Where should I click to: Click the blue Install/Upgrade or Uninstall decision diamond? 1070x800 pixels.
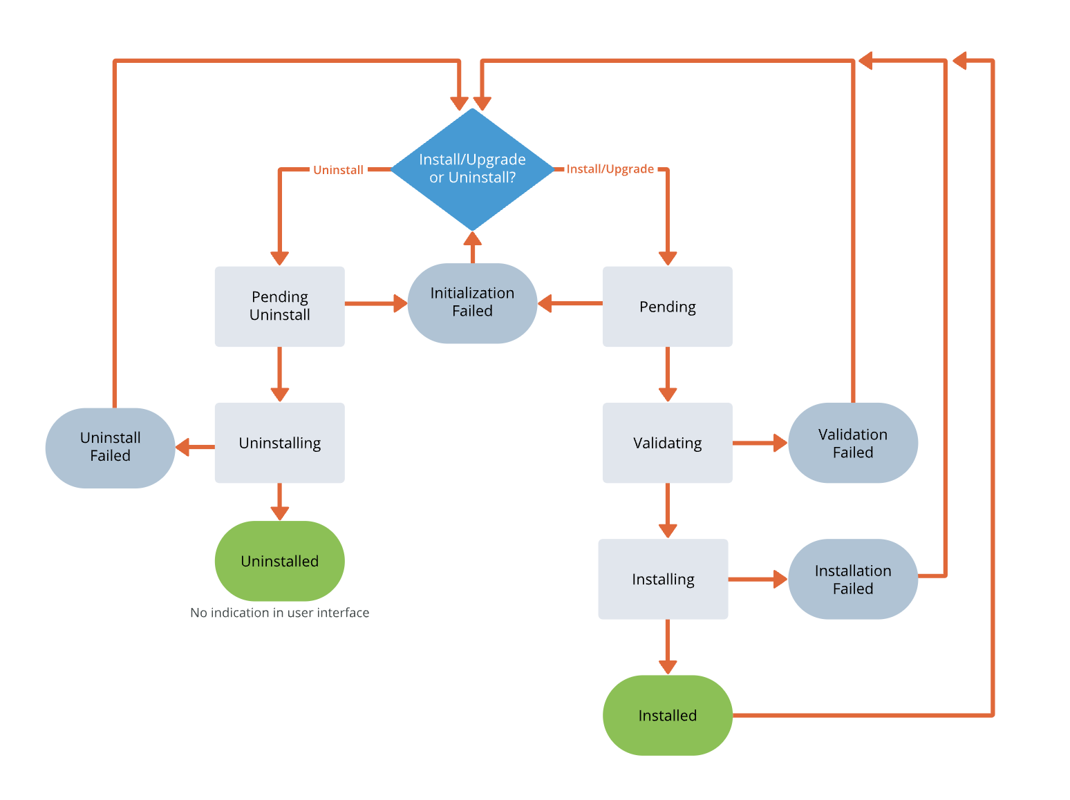click(x=472, y=169)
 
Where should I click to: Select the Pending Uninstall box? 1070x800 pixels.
click(x=279, y=306)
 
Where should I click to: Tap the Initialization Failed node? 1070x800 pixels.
click(x=472, y=303)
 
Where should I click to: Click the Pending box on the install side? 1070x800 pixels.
click(x=667, y=306)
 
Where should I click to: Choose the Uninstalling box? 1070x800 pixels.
click(x=279, y=443)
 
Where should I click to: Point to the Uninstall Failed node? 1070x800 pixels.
click(x=110, y=447)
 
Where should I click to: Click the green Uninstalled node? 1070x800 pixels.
click(x=279, y=561)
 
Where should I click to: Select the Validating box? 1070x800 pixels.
click(x=667, y=443)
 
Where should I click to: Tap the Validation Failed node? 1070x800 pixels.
click(x=852, y=443)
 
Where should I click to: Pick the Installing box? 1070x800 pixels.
click(x=663, y=579)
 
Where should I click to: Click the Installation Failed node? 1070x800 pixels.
click(x=852, y=579)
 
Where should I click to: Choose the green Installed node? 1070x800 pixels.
click(x=667, y=715)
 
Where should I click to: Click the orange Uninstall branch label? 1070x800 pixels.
click(x=338, y=170)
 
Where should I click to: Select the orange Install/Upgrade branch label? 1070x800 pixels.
click(x=610, y=169)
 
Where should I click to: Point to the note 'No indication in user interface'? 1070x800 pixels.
click(x=279, y=613)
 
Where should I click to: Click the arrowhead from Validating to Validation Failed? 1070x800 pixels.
click(x=780, y=443)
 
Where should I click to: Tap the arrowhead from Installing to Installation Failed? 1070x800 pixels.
click(x=780, y=579)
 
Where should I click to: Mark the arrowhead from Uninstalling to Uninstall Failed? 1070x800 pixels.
click(x=182, y=447)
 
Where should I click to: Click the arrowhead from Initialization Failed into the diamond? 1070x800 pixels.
click(x=472, y=239)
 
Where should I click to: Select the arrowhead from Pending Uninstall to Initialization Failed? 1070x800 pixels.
click(x=400, y=303)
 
